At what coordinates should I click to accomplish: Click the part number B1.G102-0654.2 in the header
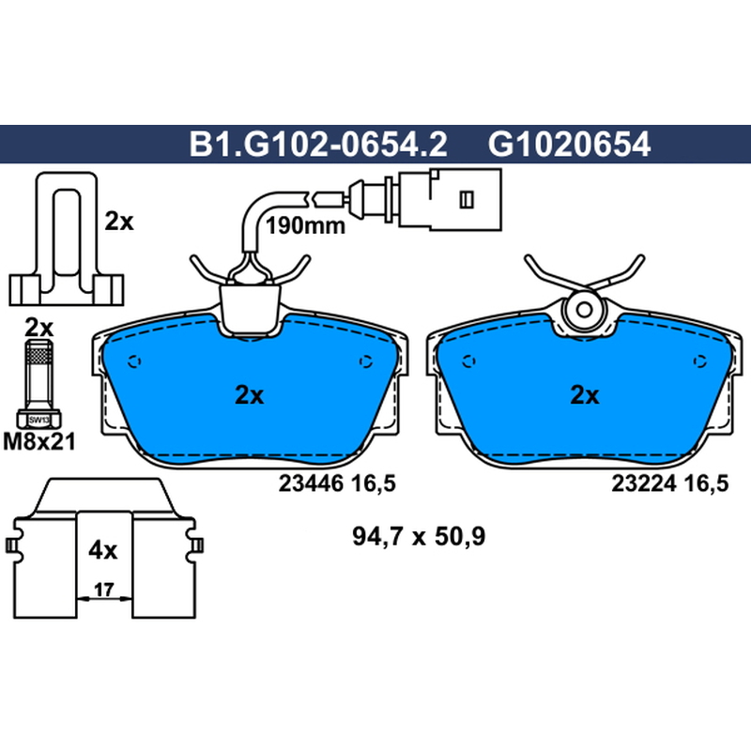(x=318, y=145)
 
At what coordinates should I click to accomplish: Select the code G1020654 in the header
(x=569, y=145)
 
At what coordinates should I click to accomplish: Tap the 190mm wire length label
(x=305, y=225)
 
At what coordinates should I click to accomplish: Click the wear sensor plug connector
(x=450, y=199)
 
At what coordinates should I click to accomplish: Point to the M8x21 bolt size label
(x=39, y=441)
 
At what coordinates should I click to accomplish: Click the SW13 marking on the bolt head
(x=38, y=420)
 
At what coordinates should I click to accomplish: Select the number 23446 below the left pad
(x=311, y=483)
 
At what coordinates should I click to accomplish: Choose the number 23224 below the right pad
(x=644, y=483)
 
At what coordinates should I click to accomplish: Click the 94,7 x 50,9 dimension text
(x=419, y=536)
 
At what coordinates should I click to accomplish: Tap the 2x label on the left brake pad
(x=249, y=395)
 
